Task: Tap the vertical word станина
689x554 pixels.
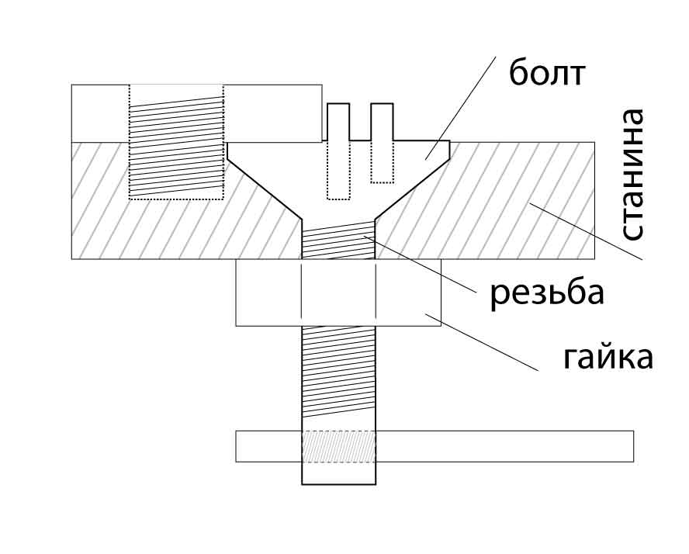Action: [633, 175]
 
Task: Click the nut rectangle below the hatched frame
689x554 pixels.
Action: [264, 293]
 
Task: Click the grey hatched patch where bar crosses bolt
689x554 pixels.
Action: [338, 446]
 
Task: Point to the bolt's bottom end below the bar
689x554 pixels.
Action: [338, 473]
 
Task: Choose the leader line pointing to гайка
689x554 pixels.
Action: [481, 341]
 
